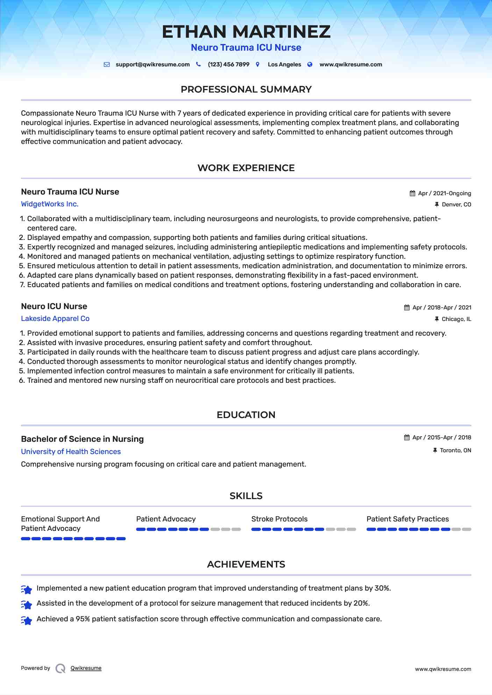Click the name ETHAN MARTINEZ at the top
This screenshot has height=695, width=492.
pyautogui.click(x=246, y=32)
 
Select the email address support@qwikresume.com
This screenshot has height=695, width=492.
pyautogui.click(x=152, y=65)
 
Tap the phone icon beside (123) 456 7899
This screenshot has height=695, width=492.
pyautogui.click(x=198, y=64)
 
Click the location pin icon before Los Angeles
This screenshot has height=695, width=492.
pyautogui.click(x=258, y=64)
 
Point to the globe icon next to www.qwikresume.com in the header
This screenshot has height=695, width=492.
pyautogui.click(x=310, y=64)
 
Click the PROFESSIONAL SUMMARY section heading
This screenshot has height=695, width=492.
pyautogui.click(x=246, y=89)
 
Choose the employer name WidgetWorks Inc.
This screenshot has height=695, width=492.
pyautogui.click(x=50, y=204)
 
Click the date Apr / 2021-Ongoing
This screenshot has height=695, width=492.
pyautogui.click(x=444, y=193)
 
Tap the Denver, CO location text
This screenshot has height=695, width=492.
pyautogui.click(x=456, y=205)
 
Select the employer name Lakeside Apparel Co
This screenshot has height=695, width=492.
pyautogui.click(x=55, y=319)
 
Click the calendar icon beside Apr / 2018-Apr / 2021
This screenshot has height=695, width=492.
pyautogui.click(x=407, y=308)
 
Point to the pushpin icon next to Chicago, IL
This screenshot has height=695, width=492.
pyautogui.click(x=436, y=319)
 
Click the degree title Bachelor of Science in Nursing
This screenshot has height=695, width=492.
pyautogui.click(x=82, y=439)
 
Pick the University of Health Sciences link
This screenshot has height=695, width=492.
pyautogui.click(x=71, y=452)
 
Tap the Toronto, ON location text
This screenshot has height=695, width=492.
pyautogui.click(x=455, y=451)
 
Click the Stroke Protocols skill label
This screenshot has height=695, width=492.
pyautogui.click(x=279, y=519)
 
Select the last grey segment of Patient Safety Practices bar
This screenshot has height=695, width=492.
pyautogui.click(x=466, y=529)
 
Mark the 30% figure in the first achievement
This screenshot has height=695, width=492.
pyautogui.click(x=382, y=588)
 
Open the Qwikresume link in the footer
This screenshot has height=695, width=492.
pyautogui.click(x=86, y=668)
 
